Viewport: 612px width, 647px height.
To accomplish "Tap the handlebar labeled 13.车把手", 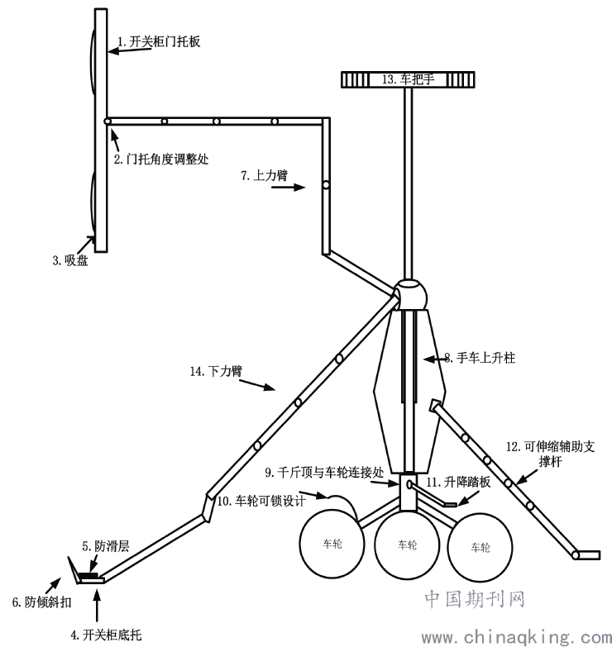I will coord(406,79).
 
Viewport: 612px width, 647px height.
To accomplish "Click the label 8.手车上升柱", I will coord(481,358).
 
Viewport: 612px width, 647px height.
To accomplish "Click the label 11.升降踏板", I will coord(458,481).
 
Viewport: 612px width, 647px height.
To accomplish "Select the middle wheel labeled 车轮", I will coord(405,545).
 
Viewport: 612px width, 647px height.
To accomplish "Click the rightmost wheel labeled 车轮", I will coord(480,546).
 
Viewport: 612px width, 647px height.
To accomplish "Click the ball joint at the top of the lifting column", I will coord(409,295).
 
